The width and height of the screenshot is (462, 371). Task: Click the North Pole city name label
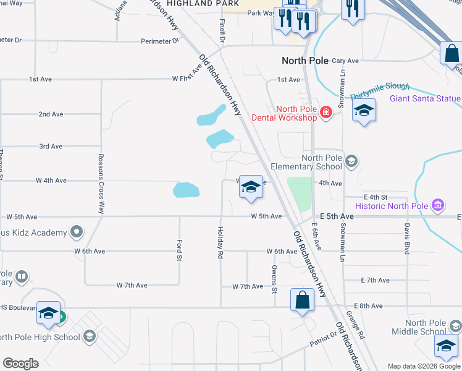coord(306,61)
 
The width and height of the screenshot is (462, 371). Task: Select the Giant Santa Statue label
coord(425,98)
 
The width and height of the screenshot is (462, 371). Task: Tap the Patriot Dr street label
coord(323,337)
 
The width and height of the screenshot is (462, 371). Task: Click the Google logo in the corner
coord(20,364)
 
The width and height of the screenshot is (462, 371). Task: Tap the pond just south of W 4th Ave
coord(187,190)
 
